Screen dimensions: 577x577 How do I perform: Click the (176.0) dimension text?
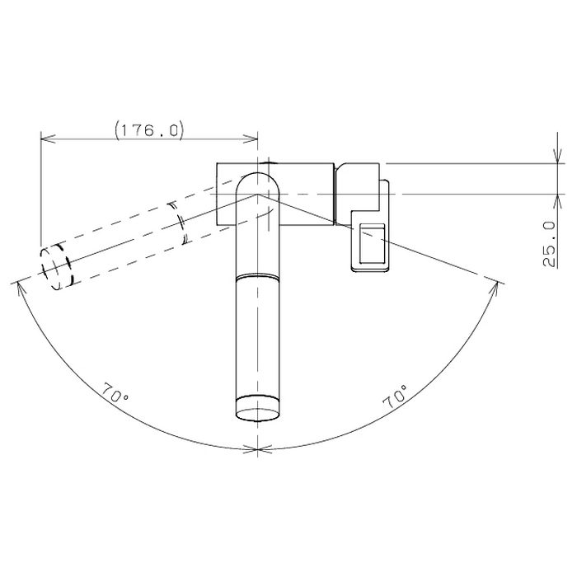[x=149, y=130]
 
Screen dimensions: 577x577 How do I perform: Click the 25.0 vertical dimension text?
[x=549, y=244]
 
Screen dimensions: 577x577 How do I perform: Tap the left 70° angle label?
[x=116, y=393]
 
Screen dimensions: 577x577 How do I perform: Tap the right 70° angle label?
[x=396, y=397]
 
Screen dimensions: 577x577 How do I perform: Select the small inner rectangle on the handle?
[x=372, y=244]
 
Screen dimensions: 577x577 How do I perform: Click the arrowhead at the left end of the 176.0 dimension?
[x=48, y=138]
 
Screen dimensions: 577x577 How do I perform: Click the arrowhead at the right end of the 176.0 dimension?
[x=251, y=138]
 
